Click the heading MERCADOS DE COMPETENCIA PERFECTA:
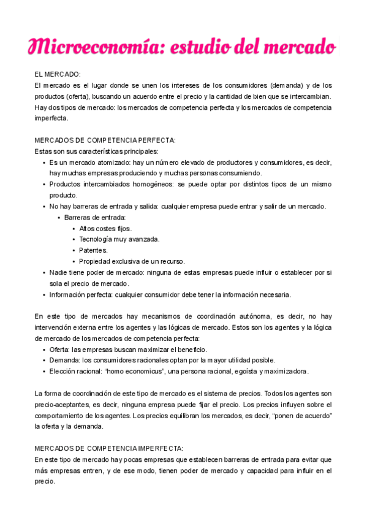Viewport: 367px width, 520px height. [x=105, y=140]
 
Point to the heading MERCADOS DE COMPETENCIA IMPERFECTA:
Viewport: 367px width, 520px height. [x=109, y=448]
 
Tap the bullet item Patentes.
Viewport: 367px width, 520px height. [x=93, y=250]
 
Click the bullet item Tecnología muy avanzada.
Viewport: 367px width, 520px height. [x=119, y=239]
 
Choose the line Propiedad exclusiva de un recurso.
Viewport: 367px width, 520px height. [x=131, y=261]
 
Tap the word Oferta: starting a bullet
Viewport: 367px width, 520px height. [x=60, y=349]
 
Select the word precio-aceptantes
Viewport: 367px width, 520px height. [x=63, y=405]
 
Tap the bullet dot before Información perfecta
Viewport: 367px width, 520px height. [x=44, y=294]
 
